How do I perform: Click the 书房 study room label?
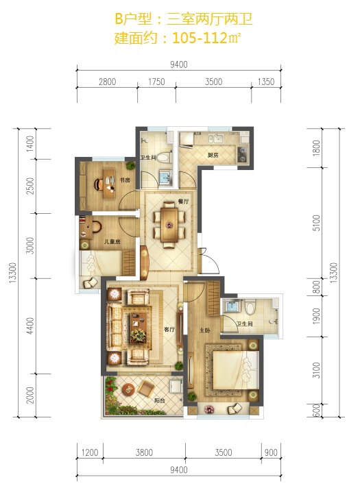(x=125, y=180)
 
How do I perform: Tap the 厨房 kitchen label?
(x=213, y=156)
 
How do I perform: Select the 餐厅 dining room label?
(x=184, y=202)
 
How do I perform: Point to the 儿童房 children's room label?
(x=112, y=242)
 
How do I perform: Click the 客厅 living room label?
(x=169, y=330)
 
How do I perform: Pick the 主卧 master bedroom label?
(x=204, y=330)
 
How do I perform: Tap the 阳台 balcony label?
(x=160, y=401)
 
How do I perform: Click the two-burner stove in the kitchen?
(x=243, y=155)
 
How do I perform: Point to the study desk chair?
(x=98, y=184)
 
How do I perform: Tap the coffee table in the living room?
(x=139, y=328)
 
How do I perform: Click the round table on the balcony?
(x=129, y=389)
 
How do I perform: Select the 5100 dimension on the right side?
(x=316, y=223)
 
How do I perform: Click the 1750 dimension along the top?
(x=156, y=82)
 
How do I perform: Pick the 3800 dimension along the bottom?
(x=144, y=452)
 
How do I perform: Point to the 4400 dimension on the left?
(x=30, y=326)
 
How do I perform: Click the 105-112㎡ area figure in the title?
(x=206, y=38)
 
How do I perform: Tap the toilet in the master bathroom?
(x=250, y=308)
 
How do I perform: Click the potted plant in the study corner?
(x=130, y=165)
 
